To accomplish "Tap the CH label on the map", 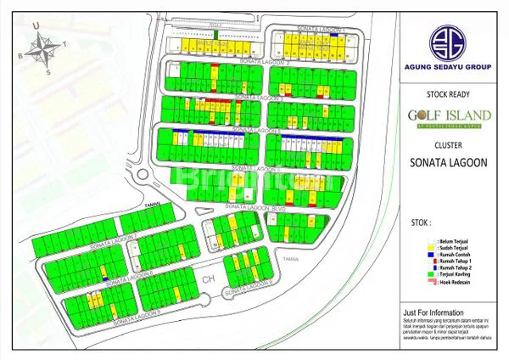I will coord(205,276).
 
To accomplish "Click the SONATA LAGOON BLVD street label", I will coord(259,207).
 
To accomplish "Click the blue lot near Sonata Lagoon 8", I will coord(104,278).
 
